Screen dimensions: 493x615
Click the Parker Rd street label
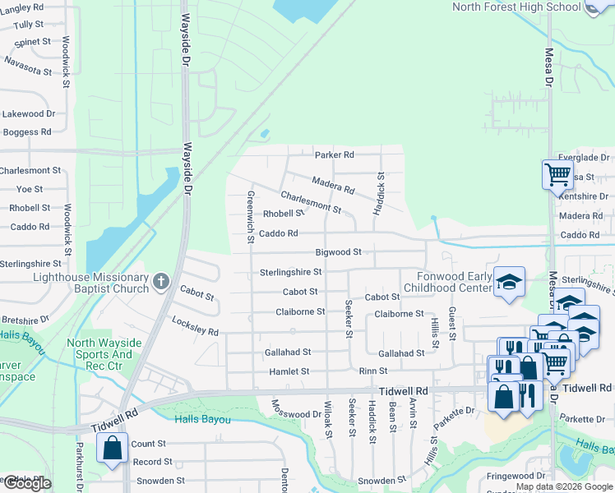(x=334, y=154)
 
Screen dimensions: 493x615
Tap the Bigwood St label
(x=338, y=251)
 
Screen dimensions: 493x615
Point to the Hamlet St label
(x=289, y=371)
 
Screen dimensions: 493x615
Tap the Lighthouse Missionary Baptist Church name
(x=90, y=283)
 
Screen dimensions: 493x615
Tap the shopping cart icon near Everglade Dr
(x=557, y=174)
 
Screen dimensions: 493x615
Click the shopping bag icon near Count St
(x=112, y=449)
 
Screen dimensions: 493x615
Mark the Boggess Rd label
(x=27, y=131)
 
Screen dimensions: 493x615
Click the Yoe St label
(x=30, y=189)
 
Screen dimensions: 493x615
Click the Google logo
(x=27, y=483)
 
